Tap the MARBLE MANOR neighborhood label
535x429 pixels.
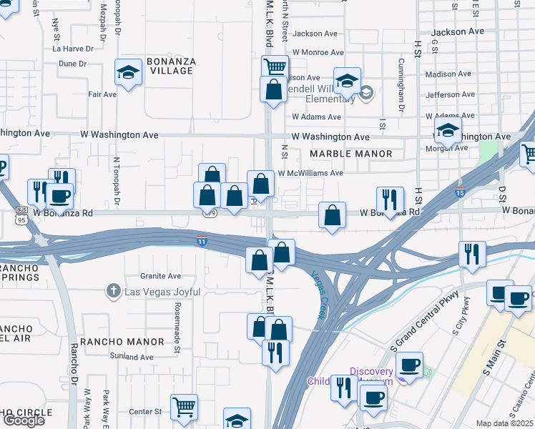(x=351, y=154)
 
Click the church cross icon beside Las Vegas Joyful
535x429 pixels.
(x=112, y=291)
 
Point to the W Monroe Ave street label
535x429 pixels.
(x=318, y=52)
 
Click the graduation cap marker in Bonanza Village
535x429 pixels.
(x=129, y=71)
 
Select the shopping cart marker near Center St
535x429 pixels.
(x=184, y=408)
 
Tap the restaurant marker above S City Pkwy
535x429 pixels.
(x=472, y=255)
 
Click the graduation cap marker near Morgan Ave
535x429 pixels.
(x=448, y=131)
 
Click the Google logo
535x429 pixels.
(x=24, y=420)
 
